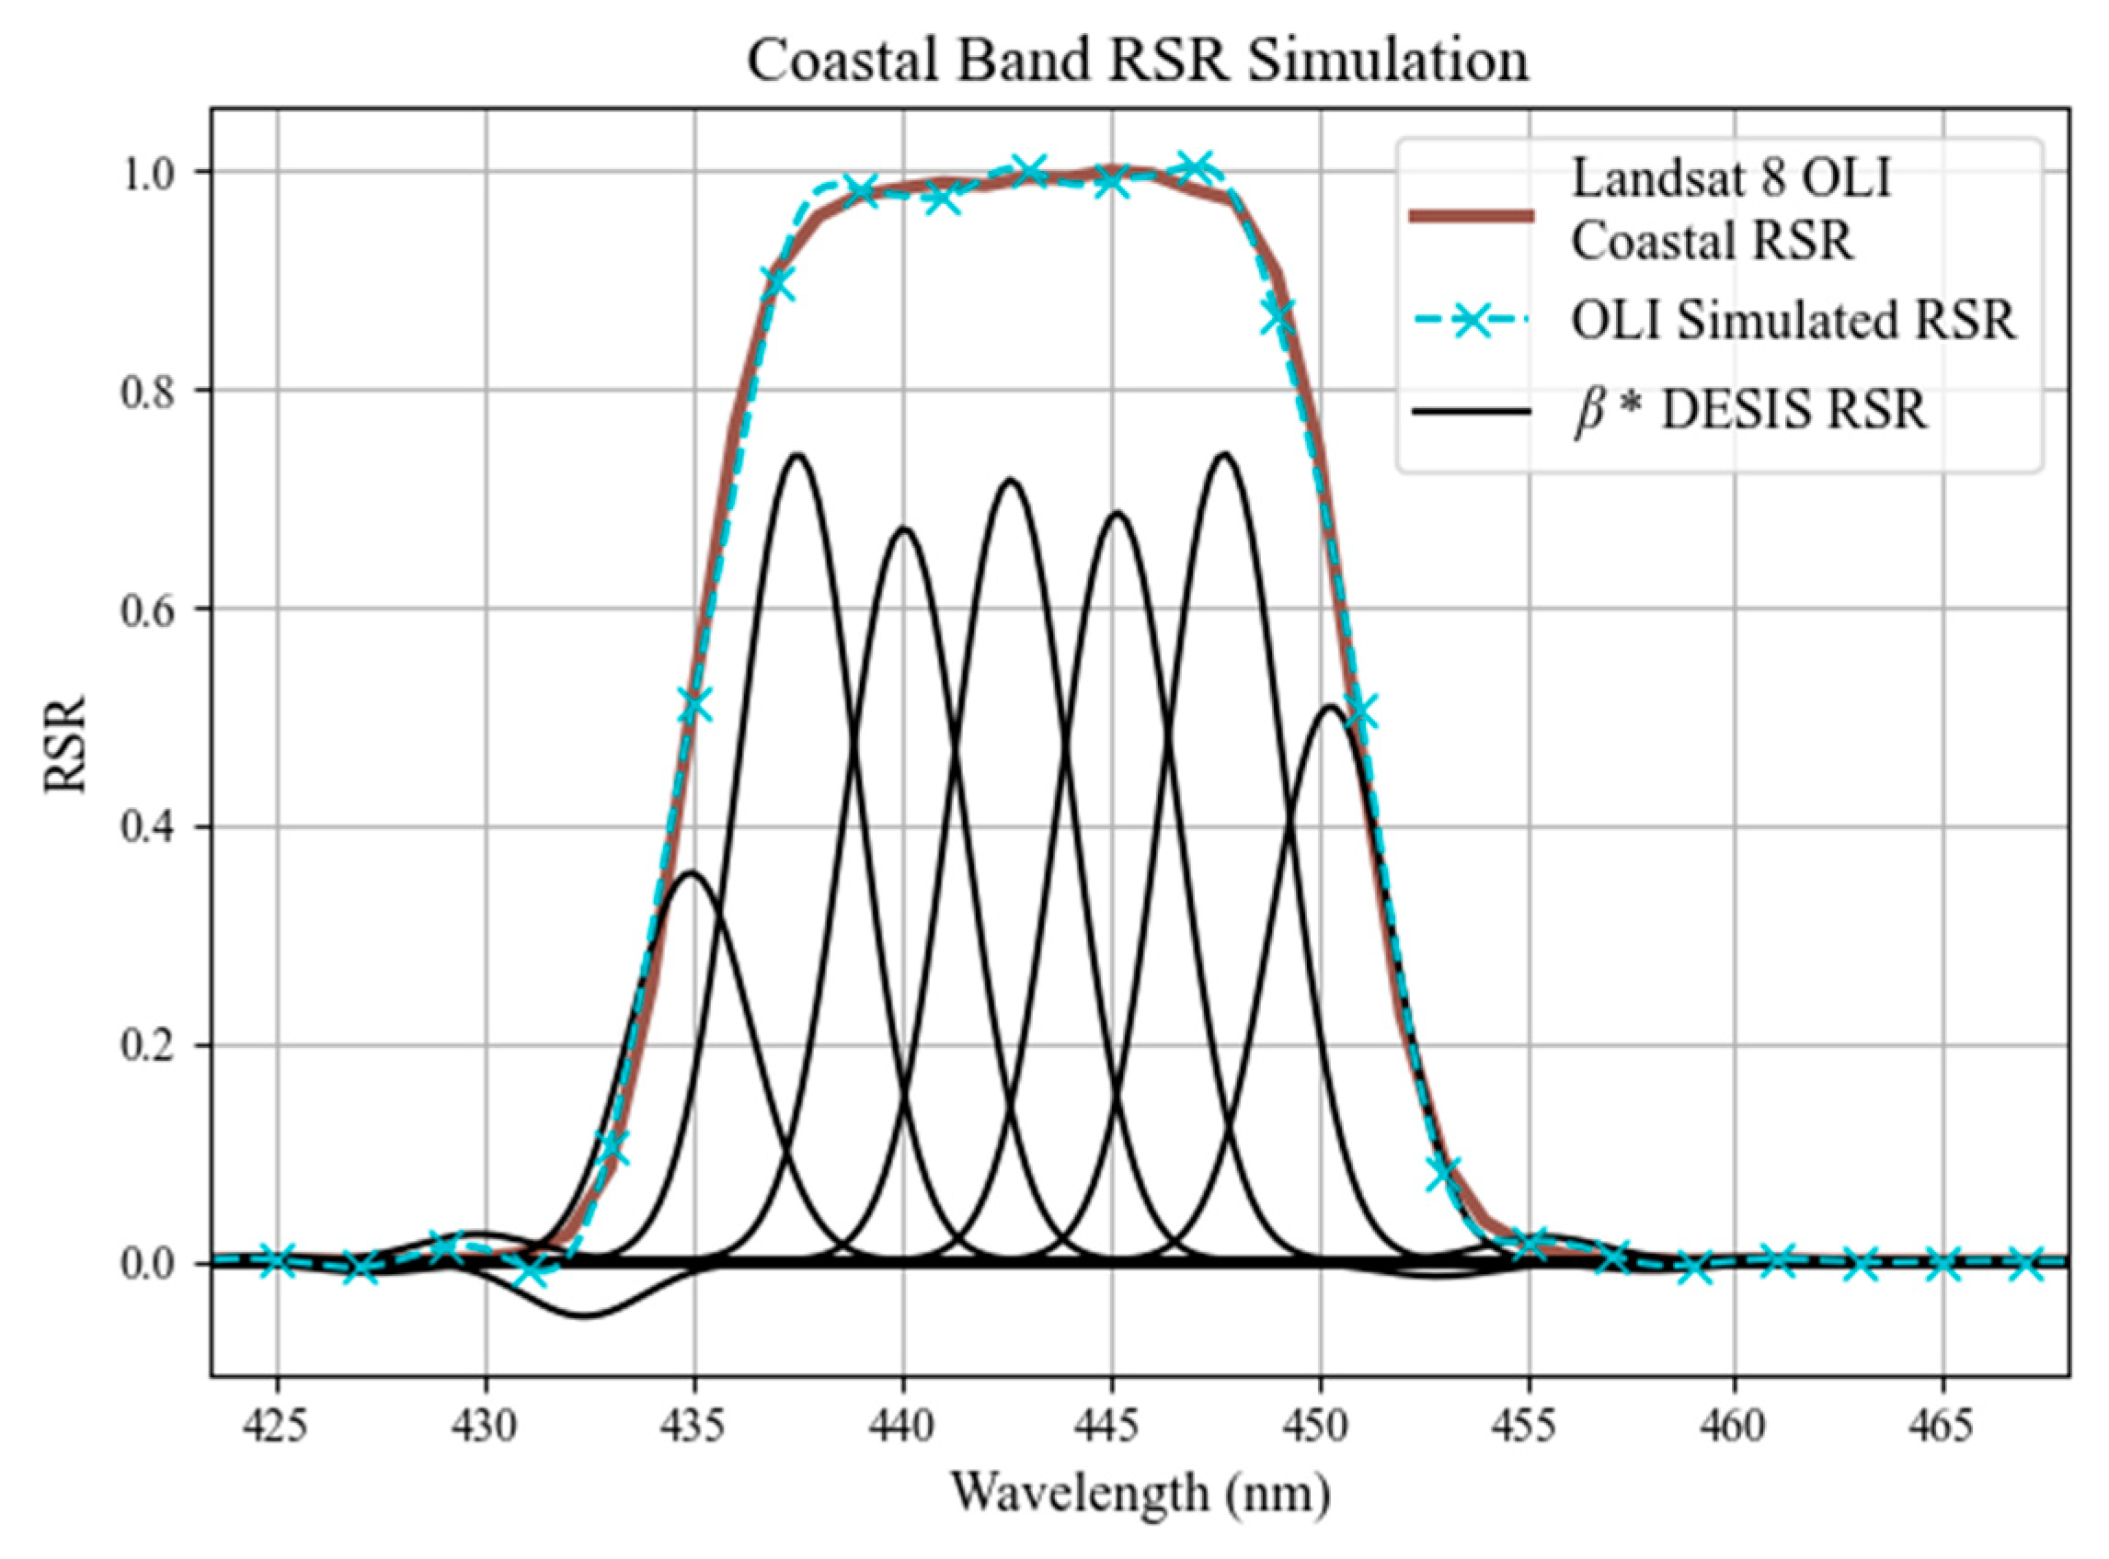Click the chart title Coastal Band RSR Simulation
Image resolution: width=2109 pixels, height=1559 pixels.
click(1138, 61)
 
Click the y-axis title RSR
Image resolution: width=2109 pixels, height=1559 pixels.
click(66, 745)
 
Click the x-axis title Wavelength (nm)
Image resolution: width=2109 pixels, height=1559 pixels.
click(1140, 1494)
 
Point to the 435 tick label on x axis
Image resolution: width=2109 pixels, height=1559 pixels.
click(693, 1426)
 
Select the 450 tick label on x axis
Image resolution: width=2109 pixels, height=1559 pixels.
click(1320, 1426)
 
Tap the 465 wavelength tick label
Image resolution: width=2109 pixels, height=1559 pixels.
click(1944, 1426)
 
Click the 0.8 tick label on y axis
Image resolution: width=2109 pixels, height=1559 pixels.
click(149, 391)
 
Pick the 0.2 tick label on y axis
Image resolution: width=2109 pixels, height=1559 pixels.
click(149, 1047)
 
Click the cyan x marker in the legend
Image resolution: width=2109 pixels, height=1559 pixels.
click(1471, 322)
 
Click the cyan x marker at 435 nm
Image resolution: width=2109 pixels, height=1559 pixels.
click(694, 705)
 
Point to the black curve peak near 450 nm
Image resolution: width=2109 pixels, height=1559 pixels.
click(1330, 706)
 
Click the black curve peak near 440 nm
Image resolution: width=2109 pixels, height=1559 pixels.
click(903, 529)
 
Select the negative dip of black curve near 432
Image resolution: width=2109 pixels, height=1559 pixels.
click(585, 1315)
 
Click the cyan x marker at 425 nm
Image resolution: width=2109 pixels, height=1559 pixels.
click(278, 1260)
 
